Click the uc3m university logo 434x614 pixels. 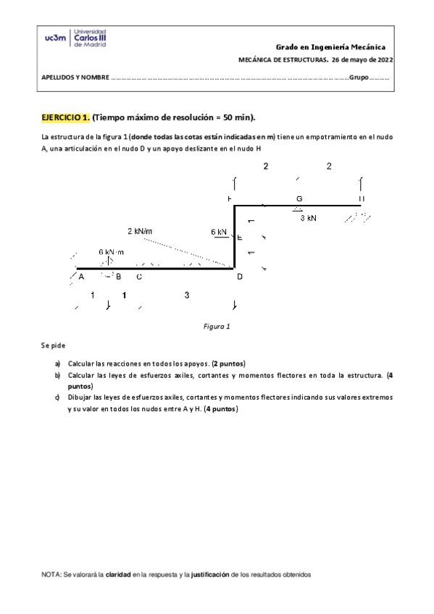pyautogui.click(x=75, y=38)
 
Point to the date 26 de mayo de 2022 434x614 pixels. pyautogui.click(x=364, y=61)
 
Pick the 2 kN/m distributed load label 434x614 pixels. pyautogui.click(x=140, y=231)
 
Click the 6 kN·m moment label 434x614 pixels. pyautogui.click(x=112, y=251)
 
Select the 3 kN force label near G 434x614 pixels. pyautogui.click(x=308, y=217)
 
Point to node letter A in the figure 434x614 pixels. pyautogui.click(x=81, y=276)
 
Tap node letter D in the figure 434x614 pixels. pyautogui.click(x=240, y=276)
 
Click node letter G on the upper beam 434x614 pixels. pyautogui.click(x=299, y=198)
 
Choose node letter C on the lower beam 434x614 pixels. pyautogui.click(x=138, y=276)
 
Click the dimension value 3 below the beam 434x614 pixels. pyautogui.click(x=187, y=295)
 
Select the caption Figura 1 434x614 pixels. pyautogui.click(x=217, y=327)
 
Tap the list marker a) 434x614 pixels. pyautogui.click(x=57, y=363)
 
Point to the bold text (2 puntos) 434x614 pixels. pyautogui.click(x=228, y=363)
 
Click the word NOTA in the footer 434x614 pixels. pyautogui.click(x=50, y=574)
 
